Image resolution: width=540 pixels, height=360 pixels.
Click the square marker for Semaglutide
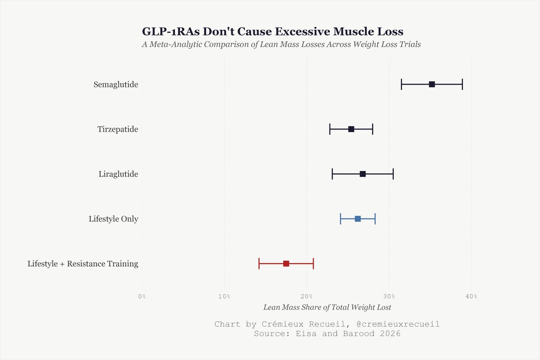[432, 84]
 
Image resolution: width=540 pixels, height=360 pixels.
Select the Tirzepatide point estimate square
[351, 129]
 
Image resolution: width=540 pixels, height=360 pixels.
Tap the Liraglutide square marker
[363, 174]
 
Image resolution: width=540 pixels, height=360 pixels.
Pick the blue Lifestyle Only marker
[358, 219]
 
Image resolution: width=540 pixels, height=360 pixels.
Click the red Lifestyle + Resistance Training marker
[286, 264]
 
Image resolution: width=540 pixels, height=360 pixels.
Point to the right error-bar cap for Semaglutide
[462, 84]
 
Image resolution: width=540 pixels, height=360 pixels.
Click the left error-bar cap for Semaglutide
[401, 84]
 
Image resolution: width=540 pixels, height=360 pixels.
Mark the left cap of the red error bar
[259, 264]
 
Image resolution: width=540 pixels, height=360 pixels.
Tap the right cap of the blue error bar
[375, 219]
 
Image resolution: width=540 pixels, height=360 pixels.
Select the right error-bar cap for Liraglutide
[393, 174]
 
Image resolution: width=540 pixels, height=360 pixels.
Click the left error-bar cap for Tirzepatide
[330, 129]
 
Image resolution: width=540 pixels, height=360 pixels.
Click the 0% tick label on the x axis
[142, 296]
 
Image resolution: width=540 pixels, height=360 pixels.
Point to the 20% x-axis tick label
[307, 296]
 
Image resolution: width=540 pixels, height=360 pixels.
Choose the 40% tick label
[472, 296]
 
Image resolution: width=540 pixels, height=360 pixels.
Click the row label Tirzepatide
[117, 129]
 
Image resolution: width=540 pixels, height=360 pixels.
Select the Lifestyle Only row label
[113, 219]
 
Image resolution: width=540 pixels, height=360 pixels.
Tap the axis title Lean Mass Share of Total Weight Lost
[327, 307]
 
